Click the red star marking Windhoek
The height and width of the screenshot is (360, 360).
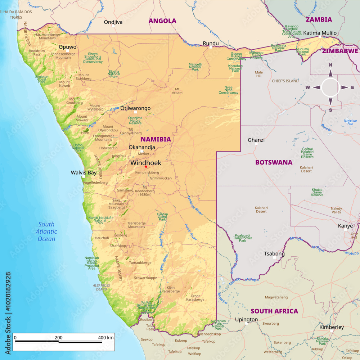click(146, 166)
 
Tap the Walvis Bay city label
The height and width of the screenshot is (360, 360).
click(84, 172)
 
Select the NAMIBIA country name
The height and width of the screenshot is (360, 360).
click(156, 139)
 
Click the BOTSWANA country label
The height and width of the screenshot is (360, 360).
click(274, 162)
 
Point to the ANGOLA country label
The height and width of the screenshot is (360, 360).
click(162, 21)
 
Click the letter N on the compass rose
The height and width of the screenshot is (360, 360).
click(330, 65)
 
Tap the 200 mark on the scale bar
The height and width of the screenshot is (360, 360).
click(59, 338)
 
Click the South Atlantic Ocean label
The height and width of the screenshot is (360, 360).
click(46, 231)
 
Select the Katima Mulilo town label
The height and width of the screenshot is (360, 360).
click(320, 33)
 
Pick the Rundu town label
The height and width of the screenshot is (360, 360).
click(211, 43)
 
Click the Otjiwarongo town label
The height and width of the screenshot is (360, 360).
click(135, 108)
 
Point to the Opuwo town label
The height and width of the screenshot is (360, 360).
click(68, 47)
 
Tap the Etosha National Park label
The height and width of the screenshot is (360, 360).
click(114, 74)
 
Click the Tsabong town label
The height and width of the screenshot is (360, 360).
click(274, 253)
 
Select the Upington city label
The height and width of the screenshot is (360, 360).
click(246, 319)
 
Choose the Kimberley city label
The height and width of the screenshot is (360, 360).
click(332, 327)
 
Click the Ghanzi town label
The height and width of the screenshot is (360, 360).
click(256, 140)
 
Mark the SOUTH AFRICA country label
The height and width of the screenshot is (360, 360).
click(274, 311)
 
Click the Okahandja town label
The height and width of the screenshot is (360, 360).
click(142, 147)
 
